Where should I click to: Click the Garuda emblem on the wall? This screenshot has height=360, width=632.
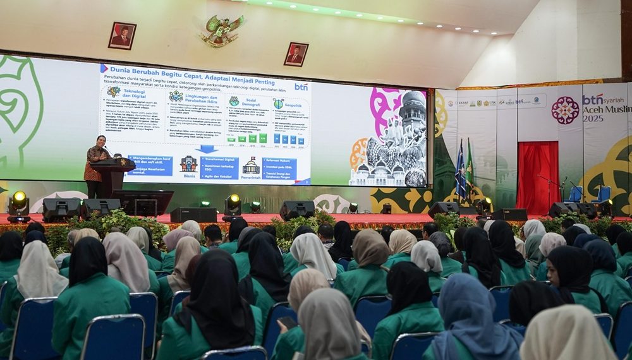tap(222, 30)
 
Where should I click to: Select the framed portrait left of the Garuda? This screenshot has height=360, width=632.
tap(122, 36)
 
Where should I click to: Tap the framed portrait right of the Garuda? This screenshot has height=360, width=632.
tap(295, 54)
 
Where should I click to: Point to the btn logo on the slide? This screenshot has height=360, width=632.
tap(301, 87)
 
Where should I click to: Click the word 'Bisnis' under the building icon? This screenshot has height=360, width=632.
tap(188, 176)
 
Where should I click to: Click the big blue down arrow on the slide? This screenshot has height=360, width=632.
tap(206, 149)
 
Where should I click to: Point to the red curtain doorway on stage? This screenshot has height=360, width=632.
tap(537, 177)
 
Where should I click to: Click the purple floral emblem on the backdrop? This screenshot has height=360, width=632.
tap(565, 110)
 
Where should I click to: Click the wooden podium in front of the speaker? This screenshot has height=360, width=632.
tap(113, 177)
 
